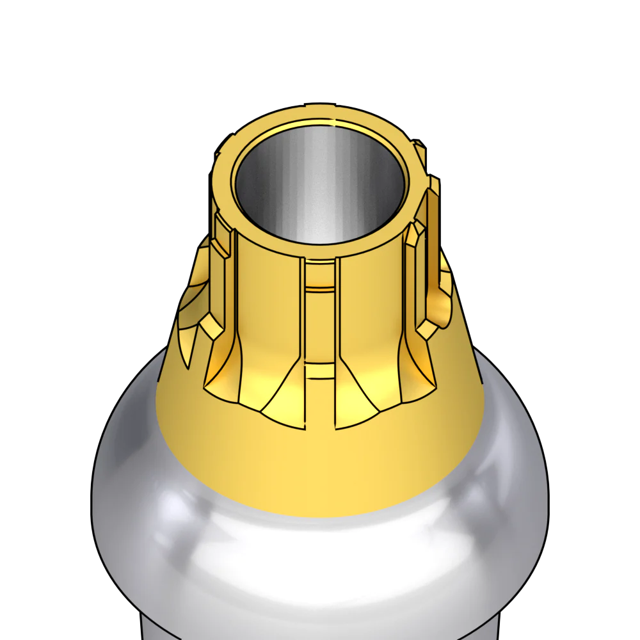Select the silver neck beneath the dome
pyautogui.click(x=320, y=630)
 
